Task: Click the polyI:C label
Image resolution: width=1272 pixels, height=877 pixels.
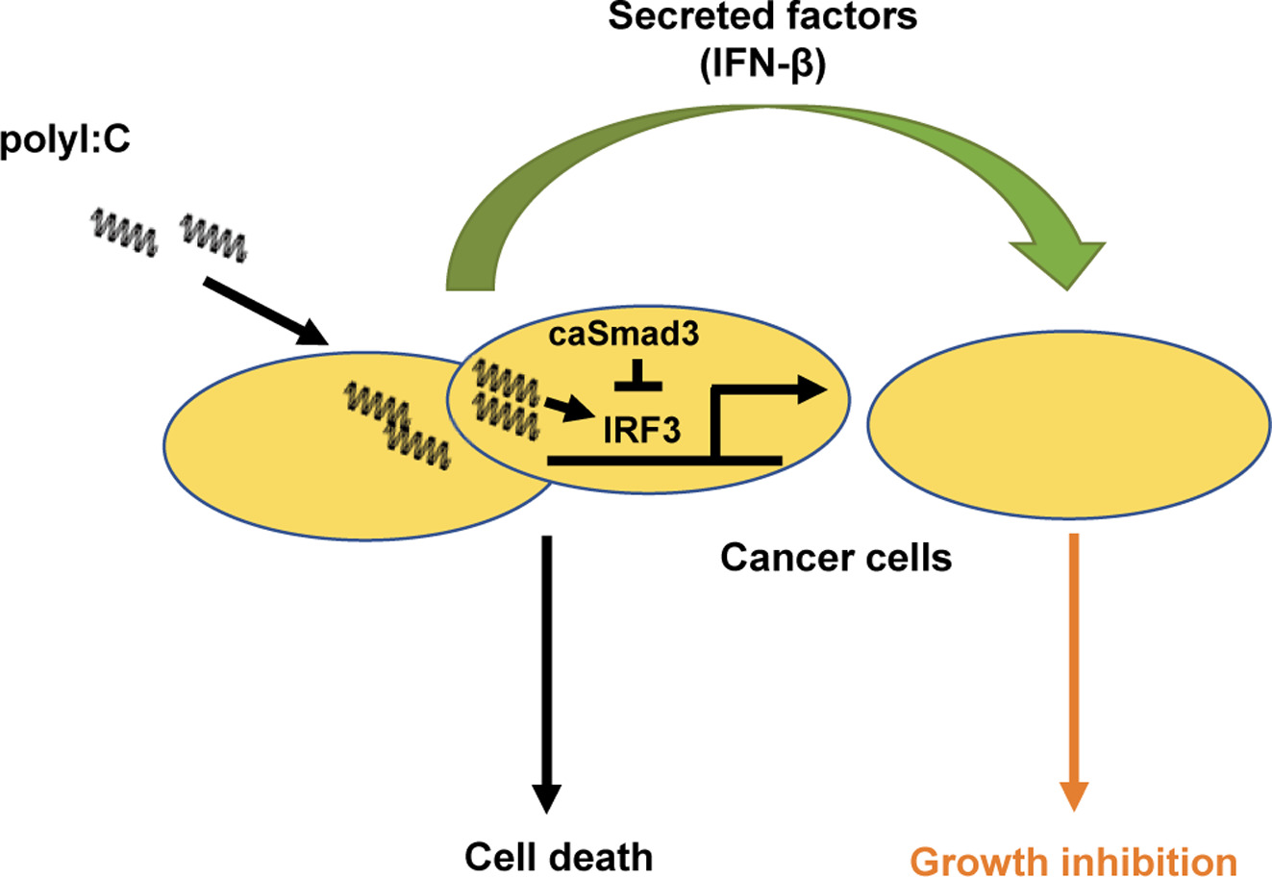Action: [65, 139]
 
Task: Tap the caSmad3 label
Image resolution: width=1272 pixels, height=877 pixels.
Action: [624, 334]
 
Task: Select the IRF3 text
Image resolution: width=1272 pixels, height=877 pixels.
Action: [641, 430]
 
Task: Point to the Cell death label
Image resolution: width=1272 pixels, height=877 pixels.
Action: [559, 857]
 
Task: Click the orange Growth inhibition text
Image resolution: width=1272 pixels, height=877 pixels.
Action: [1074, 863]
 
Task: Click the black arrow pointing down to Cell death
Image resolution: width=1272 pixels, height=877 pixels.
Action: [546, 674]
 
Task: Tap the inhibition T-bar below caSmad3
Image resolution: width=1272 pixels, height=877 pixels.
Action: [638, 375]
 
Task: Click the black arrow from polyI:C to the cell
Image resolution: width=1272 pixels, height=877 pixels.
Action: [265, 312]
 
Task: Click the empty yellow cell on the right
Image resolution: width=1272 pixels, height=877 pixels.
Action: [1068, 425]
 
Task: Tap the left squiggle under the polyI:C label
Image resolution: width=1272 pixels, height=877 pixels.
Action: [124, 233]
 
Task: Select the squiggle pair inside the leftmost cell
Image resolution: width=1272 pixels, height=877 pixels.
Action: [397, 425]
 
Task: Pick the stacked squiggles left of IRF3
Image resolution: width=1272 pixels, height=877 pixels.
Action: [506, 399]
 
